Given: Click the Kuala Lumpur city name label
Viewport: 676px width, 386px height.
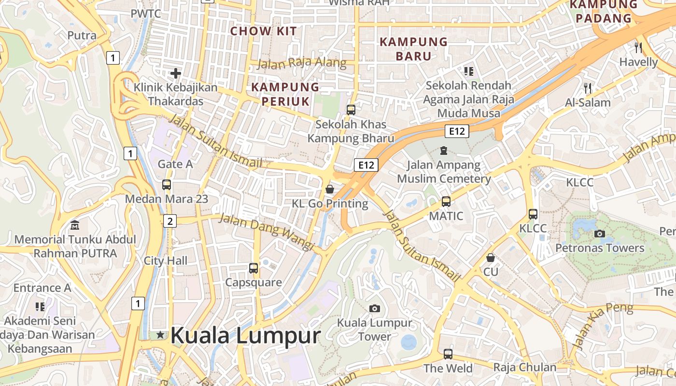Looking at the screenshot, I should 245,335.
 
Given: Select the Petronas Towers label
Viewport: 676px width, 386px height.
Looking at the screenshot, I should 600,248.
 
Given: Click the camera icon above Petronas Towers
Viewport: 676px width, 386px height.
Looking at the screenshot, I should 600,234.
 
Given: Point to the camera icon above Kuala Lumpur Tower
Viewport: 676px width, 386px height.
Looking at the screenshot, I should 374,308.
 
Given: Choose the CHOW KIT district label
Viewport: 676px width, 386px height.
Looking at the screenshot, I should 264,31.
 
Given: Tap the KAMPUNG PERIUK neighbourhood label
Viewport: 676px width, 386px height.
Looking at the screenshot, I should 285,94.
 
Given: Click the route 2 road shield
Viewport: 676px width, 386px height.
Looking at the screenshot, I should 169,221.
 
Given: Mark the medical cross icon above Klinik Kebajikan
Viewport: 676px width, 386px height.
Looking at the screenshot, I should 176,73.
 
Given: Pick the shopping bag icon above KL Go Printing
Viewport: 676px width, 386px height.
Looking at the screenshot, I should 330,189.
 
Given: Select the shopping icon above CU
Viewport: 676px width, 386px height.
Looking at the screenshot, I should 491,258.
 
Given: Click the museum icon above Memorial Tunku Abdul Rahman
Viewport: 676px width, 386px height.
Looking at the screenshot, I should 75,225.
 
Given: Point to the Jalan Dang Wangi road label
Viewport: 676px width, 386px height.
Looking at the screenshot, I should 267,232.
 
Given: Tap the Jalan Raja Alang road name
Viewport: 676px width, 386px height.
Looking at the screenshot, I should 302,63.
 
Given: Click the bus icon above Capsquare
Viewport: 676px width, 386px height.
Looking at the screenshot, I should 253,268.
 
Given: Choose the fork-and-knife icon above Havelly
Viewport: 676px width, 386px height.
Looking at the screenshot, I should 638,47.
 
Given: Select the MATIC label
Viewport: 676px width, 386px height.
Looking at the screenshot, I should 446,216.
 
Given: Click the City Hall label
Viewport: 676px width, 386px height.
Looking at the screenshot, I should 166,261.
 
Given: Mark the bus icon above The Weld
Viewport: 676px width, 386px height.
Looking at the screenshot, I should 448,354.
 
